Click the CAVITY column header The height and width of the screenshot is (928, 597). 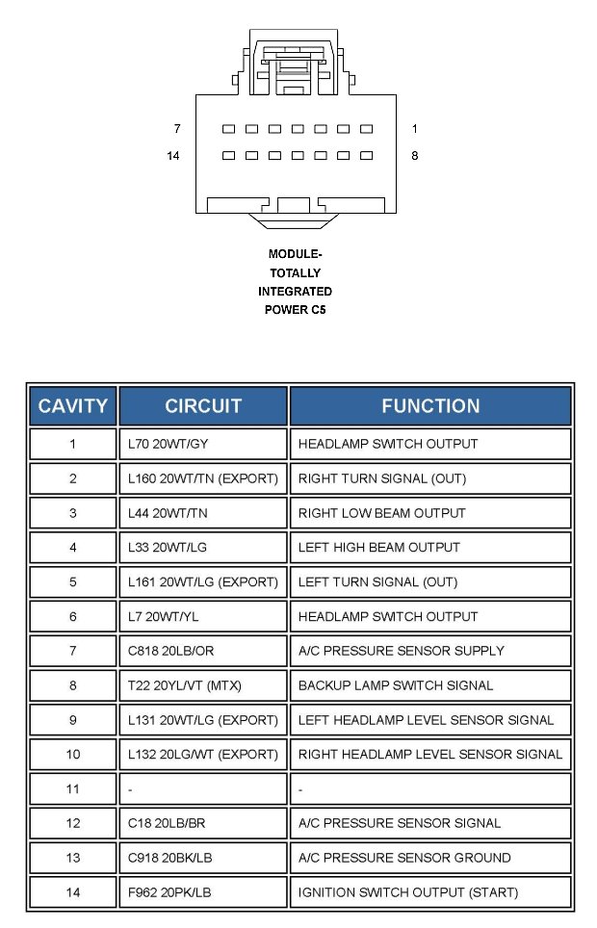[x=72, y=405]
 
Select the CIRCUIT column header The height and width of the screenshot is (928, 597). [x=203, y=405]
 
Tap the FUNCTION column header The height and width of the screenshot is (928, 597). [x=430, y=405]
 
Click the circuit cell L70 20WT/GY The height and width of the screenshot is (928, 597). [x=203, y=444]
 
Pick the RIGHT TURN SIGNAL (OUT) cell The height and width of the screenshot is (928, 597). [x=430, y=478]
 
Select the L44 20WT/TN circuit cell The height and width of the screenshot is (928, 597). [x=203, y=513]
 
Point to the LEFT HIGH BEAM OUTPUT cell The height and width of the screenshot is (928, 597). [x=430, y=548]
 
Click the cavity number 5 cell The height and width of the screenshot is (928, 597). [x=72, y=581]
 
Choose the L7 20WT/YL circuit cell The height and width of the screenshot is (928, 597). [x=203, y=616]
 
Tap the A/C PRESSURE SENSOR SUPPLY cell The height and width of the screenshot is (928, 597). [x=430, y=651]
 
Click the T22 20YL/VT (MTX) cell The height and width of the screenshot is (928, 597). [x=203, y=685]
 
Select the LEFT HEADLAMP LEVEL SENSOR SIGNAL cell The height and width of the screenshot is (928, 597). [x=430, y=720]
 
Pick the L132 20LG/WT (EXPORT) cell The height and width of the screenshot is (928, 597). [x=203, y=754]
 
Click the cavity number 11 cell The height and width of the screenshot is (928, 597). [x=72, y=788]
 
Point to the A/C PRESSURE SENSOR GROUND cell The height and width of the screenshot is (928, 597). [x=430, y=858]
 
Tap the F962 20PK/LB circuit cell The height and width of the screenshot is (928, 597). [x=203, y=892]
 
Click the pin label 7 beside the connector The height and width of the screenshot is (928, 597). [x=176, y=129]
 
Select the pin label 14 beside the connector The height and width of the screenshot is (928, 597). [x=173, y=156]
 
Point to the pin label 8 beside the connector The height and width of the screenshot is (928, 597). [x=414, y=156]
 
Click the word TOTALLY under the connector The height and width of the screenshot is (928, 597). [x=295, y=273]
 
